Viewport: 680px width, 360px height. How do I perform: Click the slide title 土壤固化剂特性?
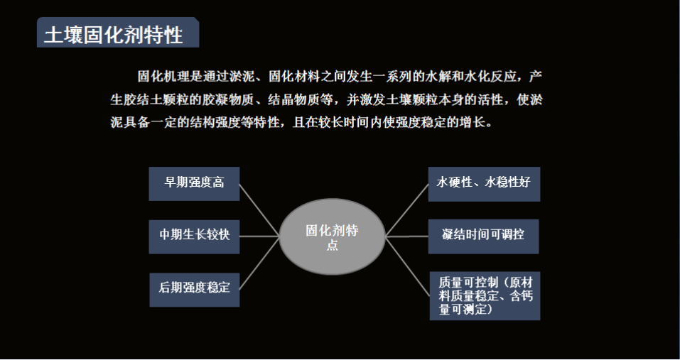click(114, 35)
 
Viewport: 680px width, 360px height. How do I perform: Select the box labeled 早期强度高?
click(194, 184)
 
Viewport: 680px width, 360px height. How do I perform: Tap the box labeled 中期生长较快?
click(194, 236)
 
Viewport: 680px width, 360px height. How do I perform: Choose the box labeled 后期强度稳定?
click(194, 290)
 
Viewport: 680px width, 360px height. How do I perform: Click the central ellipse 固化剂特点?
click(333, 236)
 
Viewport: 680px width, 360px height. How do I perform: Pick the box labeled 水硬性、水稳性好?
click(484, 184)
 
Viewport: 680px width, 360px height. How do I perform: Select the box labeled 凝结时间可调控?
click(484, 236)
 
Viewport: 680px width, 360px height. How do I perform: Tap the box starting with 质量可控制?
click(485, 296)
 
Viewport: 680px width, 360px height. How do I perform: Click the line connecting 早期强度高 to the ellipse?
click(259, 209)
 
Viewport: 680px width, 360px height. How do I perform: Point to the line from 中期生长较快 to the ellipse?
click(259, 236)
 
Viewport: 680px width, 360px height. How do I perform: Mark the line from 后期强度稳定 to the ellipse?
click(259, 263)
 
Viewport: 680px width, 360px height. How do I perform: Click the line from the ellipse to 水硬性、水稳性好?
click(406, 210)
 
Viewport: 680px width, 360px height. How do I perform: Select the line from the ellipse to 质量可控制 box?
click(408, 266)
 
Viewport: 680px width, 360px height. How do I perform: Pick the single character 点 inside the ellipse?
click(333, 245)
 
